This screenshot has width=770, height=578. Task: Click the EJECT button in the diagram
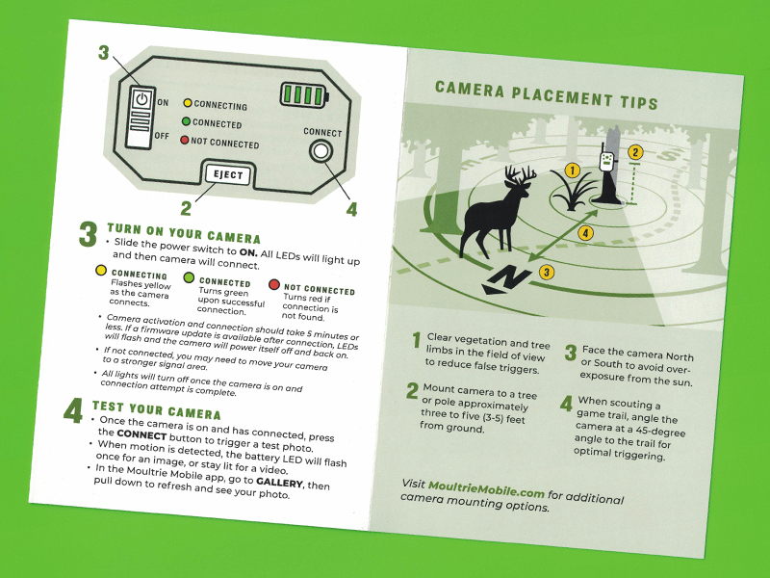pyautogui.click(x=228, y=175)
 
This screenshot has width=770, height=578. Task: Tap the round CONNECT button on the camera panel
pyautogui.click(x=321, y=151)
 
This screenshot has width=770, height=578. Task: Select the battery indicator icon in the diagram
pyautogui.click(x=304, y=94)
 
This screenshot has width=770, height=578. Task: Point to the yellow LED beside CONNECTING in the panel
pyautogui.click(x=188, y=103)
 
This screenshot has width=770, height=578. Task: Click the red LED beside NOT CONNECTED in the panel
pyautogui.click(x=184, y=140)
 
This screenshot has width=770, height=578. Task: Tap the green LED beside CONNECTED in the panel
pyautogui.click(x=186, y=121)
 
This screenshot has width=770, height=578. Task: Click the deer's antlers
pyautogui.click(x=520, y=175)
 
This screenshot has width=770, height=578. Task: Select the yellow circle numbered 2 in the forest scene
pyautogui.click(x=635, y=152)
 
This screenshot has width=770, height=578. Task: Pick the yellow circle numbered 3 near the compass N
pyautogui.click(x=547, y=272)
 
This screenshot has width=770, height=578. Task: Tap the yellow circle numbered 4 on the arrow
pyautogui.click(x=585, y=232)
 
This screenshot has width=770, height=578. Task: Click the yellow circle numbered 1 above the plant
pyautogui.click(x=572, y=171)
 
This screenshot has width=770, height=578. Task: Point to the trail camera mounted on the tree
pyautogui.click(x=607, y=161)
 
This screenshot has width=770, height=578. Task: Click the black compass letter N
pyautogui.click(x=506, y=280)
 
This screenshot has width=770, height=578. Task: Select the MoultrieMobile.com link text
pyautogui.click(x=486, y=489)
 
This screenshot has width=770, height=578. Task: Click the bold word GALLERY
pyautogui.click(x=279, y=482)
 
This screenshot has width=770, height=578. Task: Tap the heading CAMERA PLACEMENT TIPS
pyautogui.click(x=546, y=95)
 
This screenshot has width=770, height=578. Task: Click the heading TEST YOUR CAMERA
pyautogui.click(x=157, y=410)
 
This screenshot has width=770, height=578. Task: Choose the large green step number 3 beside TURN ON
pyautogui.click(x=88, y=234)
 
